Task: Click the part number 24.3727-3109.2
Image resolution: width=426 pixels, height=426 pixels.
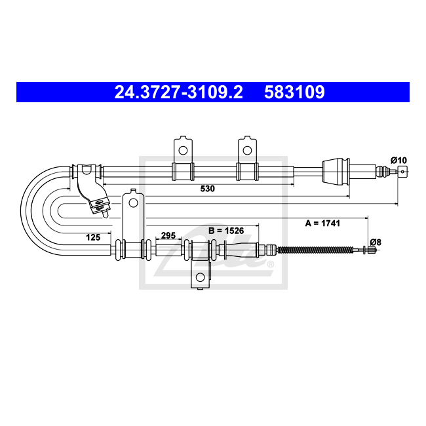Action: coord(178,92)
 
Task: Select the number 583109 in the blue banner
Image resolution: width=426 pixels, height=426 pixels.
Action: coord(294,92)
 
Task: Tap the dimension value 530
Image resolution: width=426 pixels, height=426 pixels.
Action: coord(208,189)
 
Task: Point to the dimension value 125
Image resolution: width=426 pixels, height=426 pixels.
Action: coord(93,237)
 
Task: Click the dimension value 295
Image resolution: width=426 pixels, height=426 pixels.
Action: coord(168,235)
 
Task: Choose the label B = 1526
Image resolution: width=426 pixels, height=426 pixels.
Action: coord(226,231)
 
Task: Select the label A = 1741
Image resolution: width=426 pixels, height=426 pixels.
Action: coord(322,223)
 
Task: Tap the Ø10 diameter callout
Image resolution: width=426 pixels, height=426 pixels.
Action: coord(399,161)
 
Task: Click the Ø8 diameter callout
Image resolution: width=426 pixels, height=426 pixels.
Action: coord(376,242)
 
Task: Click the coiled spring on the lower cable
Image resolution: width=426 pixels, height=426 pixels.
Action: coord(315,250)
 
